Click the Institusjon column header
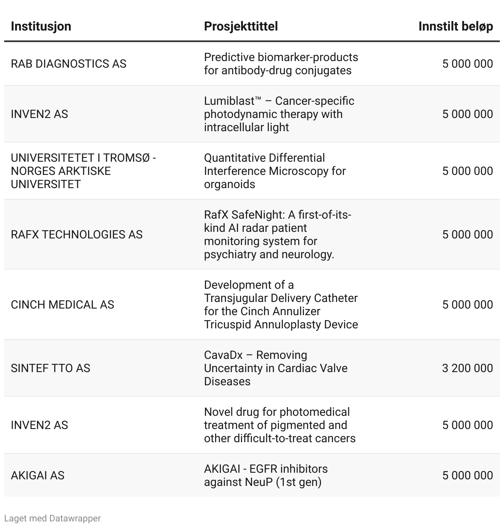click(41, 26)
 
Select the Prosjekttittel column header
click(240, 26)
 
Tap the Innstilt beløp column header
click(455, 26)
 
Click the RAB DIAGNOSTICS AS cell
click(69, 64)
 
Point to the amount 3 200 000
click(467, 368)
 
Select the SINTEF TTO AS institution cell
click(50, 368)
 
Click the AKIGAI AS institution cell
click(38, 475)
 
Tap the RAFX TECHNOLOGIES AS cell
click(76, 234)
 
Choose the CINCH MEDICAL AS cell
click(62, 304)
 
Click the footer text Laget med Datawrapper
click(52, 518)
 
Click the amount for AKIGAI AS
click(467, 475)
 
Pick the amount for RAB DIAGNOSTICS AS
click(467, 64)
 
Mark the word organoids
click(229, 184)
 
